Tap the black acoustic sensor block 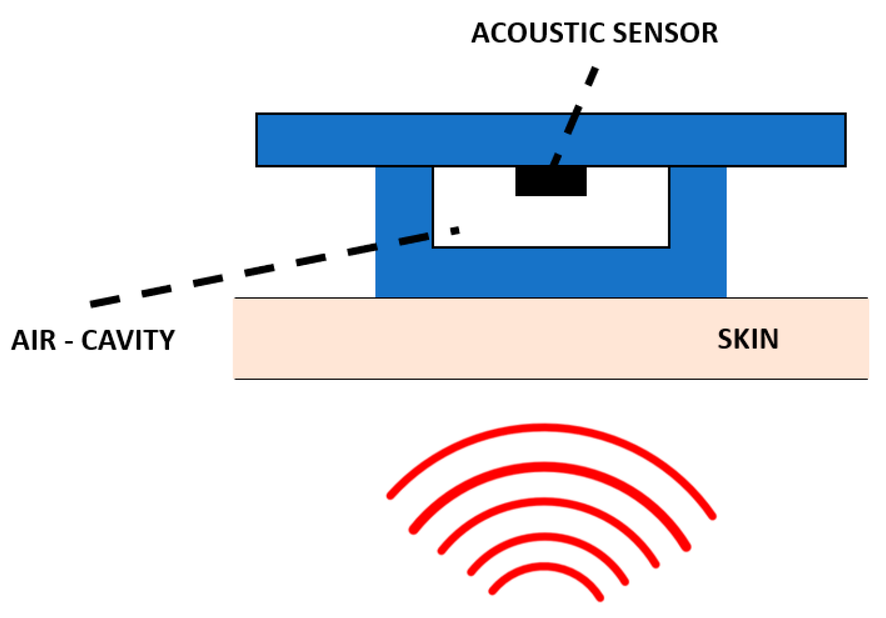pyautogui.click(x=550, y=181)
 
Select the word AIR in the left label pyautogui.click(x=34, y=340)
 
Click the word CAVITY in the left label pyautogui.click(x=128, y=340)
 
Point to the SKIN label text pyautogui.click(x=748, y=339)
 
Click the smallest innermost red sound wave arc pyautogui.click(x=544, y=566)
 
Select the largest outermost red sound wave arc pyautogui.click(x=544, y=427)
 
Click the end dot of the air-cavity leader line pyautogui.click(x=455, y=230)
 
